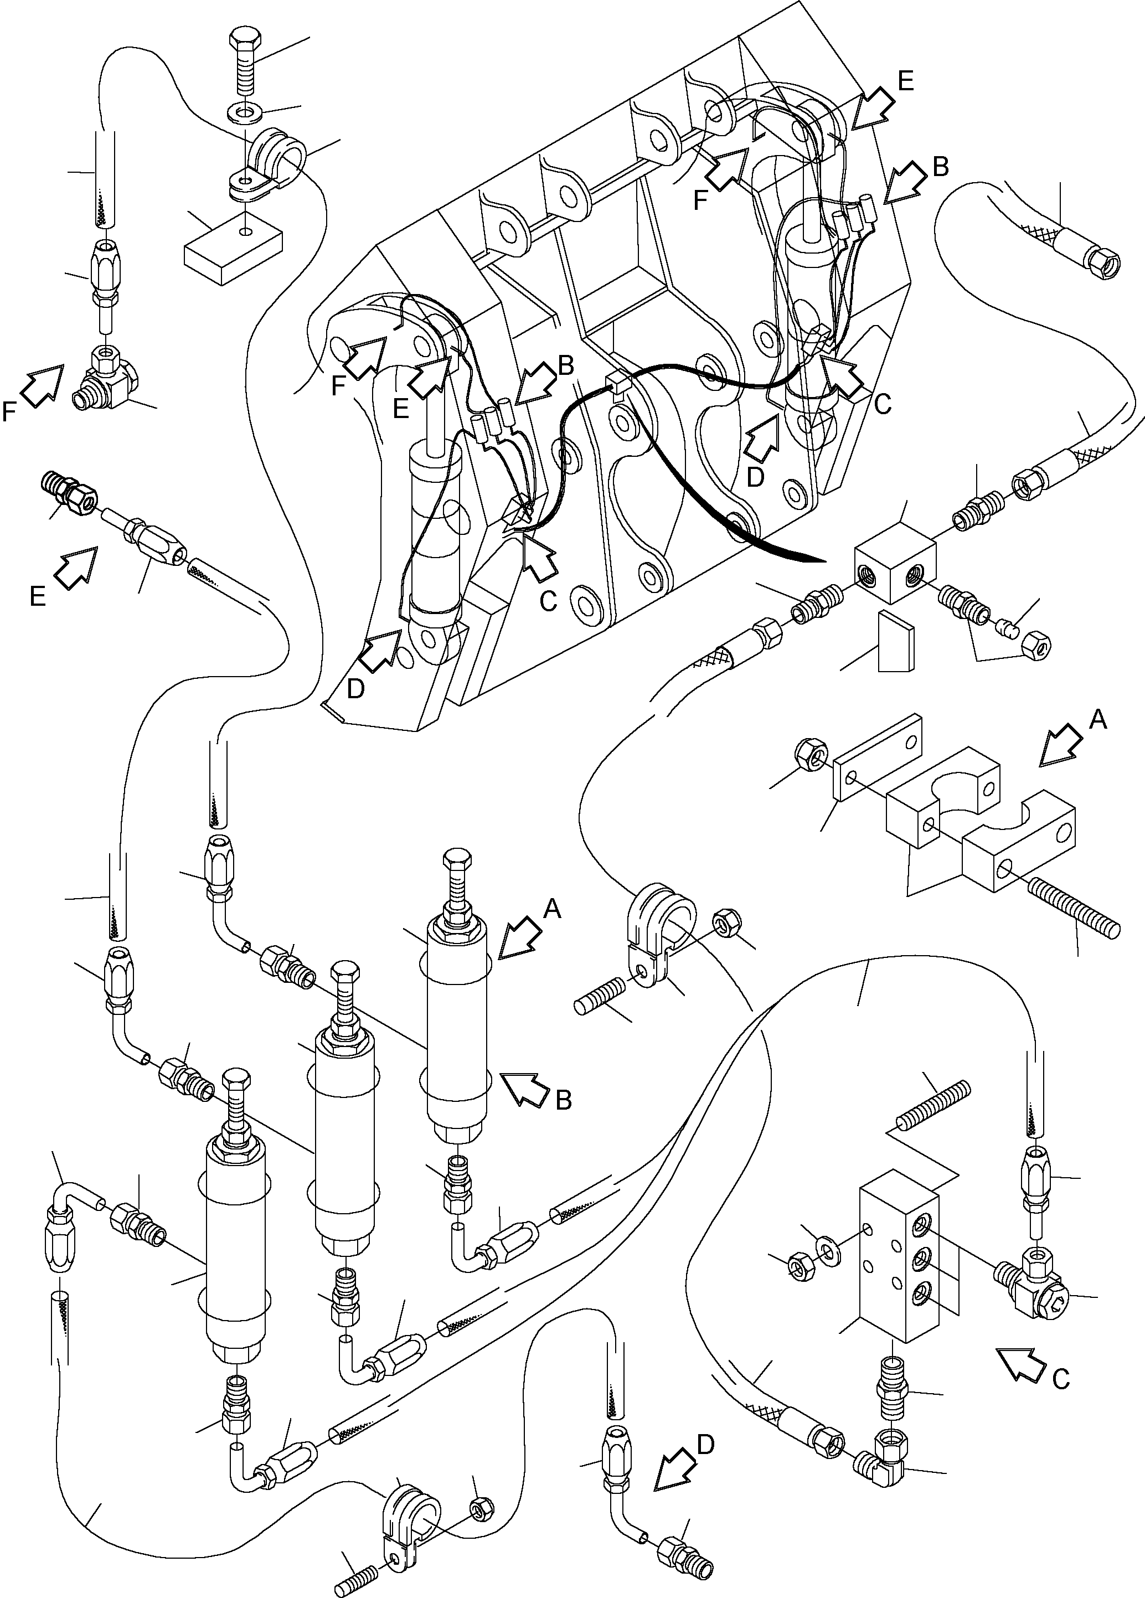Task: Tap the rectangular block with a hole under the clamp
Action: (x=233, y=246)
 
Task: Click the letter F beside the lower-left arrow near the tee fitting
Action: (x=10, y=411)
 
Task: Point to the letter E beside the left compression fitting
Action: (x=38, y=596)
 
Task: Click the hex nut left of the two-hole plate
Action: (x=807, y=755)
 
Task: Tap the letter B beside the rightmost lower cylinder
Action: (x=564, y=1099)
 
